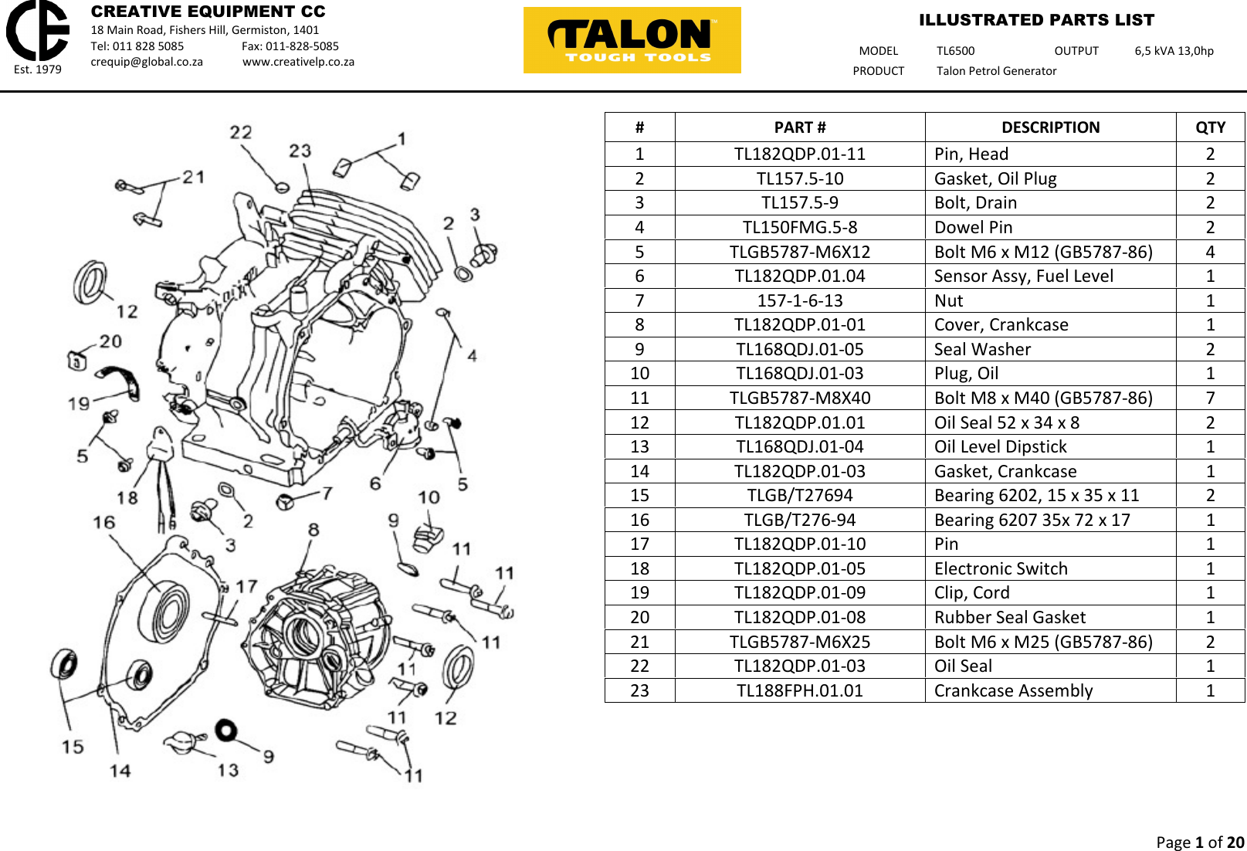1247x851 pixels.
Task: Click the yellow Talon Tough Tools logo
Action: click(x=632, y=40)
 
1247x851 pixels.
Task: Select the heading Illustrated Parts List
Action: click(x=1036, y=20)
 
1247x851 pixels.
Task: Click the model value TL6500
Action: click(x=955, y=51)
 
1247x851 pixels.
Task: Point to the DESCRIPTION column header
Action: click(x=1050, y=127)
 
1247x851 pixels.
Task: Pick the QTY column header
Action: click(x=1210, y=127)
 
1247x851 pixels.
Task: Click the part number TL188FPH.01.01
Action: click(x=799, y=690)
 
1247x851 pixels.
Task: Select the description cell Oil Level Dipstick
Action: click(x=1000, y=446)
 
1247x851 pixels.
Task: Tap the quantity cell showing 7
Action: click(x=1210, y=398)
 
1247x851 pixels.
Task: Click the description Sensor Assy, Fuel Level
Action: click(x=1023, y=276)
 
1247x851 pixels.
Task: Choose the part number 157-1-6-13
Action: click(x=799, y=300)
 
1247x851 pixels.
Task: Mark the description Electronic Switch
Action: click(x=1000, y=568)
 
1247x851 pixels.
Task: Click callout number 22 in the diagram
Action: click(x=241, y=132)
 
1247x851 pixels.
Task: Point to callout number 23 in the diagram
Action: click(x=300, y=151)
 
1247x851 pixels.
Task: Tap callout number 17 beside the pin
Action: click(x=246, y=586)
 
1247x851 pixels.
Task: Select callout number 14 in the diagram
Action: click(x=120, y=770)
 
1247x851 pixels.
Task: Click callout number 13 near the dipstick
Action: click(x=228, y=769)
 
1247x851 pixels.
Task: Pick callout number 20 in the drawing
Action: click(x=110, y=341)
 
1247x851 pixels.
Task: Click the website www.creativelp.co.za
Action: click(x=298, y=62)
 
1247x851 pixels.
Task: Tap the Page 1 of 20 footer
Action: click(x=1199, y=842)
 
